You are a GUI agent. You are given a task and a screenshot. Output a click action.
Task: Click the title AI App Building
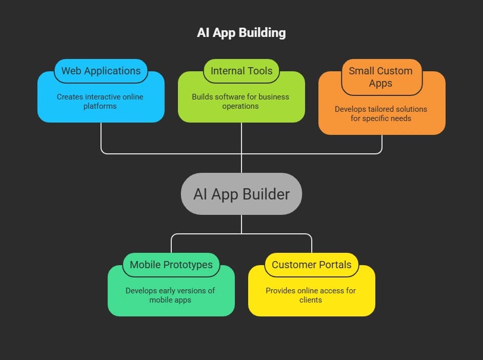[x=241, y=33]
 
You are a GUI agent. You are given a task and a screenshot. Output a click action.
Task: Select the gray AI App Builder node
[x=241, y=194]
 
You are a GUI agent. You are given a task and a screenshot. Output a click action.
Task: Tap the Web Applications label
[x=101, y=71]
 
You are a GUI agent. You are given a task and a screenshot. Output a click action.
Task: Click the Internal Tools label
[x=241, y=71]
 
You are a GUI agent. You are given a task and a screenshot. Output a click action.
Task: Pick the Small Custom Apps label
[x=380, y=77]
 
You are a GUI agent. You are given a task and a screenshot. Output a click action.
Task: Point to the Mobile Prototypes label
[x=171, y=265]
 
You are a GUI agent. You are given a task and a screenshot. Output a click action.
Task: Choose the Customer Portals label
[x=311, y=265]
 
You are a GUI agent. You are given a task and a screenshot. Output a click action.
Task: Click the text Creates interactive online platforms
[x=100, y=101]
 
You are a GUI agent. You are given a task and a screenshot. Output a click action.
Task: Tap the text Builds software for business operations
[x=240, y=101]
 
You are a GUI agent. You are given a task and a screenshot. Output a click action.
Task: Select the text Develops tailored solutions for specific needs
[x=381, y=113]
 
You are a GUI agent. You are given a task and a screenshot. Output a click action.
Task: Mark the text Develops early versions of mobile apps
[x=170, y=295]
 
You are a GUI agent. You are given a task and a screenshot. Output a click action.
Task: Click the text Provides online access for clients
[x=311, y=295]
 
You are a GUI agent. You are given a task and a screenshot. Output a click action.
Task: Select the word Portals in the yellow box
[x=334, y=265]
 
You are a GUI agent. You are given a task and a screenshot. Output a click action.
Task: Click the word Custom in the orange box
[x=393, y=71]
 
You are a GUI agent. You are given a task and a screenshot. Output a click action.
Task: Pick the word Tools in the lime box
[x=259, y=71]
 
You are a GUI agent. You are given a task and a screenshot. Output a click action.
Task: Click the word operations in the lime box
[x=240, y=106]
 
